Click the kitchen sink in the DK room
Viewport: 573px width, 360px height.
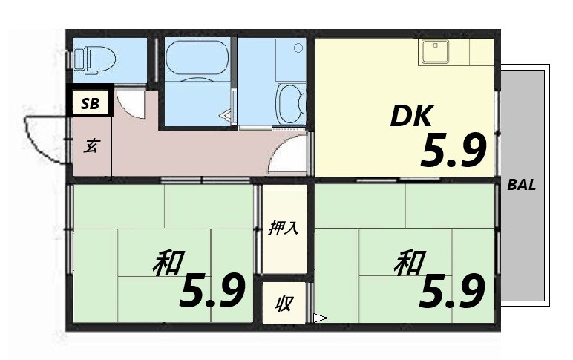click(432, 51)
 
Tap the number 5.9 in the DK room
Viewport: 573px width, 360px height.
click(454, 151)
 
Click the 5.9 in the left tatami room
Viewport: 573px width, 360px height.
click(212, 290)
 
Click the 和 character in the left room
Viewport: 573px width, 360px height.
click(169, 264)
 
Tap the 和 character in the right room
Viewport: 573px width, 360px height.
click(410, 264)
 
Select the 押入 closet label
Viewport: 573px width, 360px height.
click(283, 228)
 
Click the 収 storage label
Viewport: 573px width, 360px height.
click(283, 304)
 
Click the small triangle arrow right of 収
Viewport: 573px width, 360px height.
click(321, 319)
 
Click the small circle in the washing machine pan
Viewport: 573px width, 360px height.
click(298, 48)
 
